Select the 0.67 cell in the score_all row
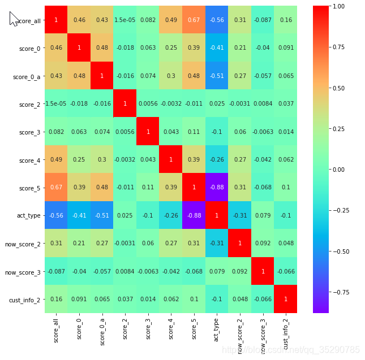coord(194,20)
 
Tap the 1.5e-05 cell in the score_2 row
coord(56,103)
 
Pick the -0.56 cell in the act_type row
coord(56,215)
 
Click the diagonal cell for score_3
coord(148,132)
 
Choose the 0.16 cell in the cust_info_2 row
coord(56,299)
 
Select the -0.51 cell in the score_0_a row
coord(217,76)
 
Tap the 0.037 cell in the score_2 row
coord(286,103)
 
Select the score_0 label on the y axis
coord(29,48)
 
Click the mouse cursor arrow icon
coord(14,18)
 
